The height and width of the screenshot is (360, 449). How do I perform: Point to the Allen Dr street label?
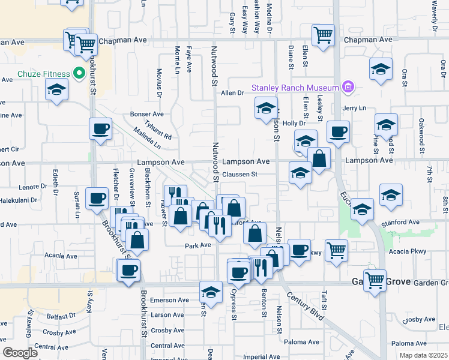232,93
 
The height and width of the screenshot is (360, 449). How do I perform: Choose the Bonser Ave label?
147,114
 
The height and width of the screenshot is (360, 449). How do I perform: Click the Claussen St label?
240,175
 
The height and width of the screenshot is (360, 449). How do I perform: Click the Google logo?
20,353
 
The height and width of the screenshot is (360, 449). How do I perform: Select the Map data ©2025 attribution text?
423,355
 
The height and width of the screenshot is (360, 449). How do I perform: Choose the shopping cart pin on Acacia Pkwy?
336,250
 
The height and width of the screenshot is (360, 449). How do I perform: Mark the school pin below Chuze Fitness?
57,89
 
